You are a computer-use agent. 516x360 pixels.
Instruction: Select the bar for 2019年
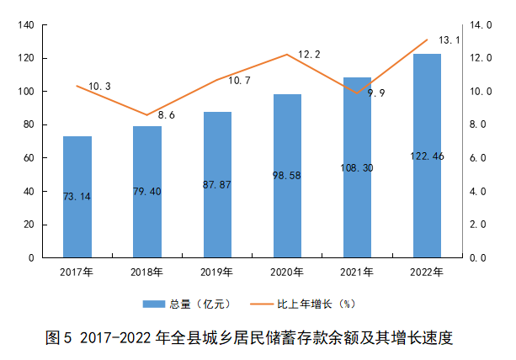click(x=217, y=185)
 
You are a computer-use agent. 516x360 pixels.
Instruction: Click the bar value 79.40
click(x=146, y=191)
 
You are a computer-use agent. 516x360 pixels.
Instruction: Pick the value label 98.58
click(x=287, y=175)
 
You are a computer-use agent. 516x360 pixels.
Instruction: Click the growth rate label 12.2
click(x=310, y=54)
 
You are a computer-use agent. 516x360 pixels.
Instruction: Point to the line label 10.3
click(x=99, y=86)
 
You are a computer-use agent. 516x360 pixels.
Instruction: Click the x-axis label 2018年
click(x=146, y=271)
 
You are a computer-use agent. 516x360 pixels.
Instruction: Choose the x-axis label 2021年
click(x=357, y=271)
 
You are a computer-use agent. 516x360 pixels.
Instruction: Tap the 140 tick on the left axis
click(x=25, y=25)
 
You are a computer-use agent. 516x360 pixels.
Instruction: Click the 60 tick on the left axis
click(x=28, y=158)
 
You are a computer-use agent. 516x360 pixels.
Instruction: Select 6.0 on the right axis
click(x=478, y=158)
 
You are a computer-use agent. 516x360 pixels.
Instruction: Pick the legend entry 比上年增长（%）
click(x=307, y=304)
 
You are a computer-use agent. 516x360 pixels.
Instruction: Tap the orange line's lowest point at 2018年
click(x=146, y=115)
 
